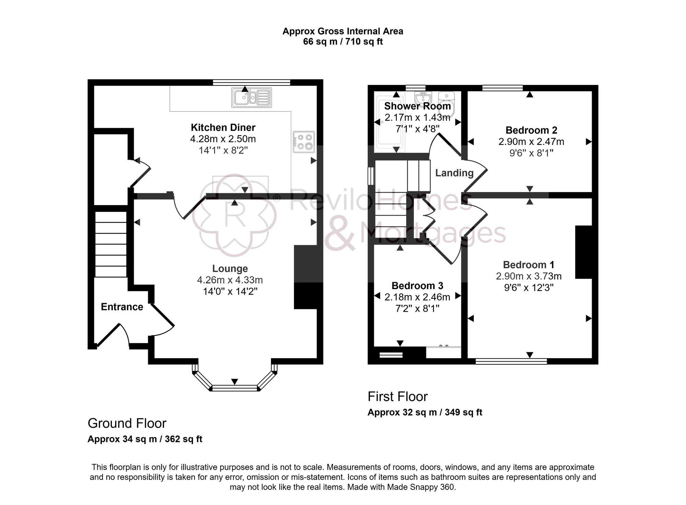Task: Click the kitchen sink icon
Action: point(251,97)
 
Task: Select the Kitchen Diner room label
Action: point(223,128)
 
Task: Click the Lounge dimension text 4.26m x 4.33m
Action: point(230,280)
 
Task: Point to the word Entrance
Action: point(122,307)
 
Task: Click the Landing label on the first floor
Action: point(454,173)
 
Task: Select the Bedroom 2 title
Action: point(531,130)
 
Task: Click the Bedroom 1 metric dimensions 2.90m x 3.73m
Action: point(529,276)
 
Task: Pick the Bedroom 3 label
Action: point(417,286)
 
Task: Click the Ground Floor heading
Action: point(127,423)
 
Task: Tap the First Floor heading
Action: point(398,397)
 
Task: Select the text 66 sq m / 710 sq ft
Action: point(343,42)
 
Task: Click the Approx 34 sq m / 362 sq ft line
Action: point(145,439)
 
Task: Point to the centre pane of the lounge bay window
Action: point(235,388)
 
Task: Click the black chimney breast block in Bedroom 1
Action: point(583,252)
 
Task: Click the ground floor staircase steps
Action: point(111,244)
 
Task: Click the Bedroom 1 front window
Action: point(511,361)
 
